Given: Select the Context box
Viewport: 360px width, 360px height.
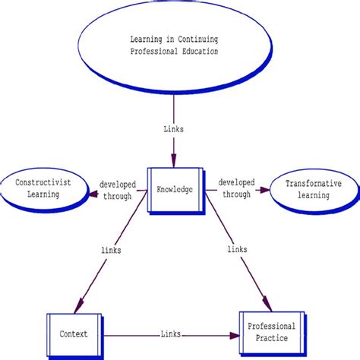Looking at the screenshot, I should point(74,333).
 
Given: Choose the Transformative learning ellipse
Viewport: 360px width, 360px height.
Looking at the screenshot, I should point(312,189).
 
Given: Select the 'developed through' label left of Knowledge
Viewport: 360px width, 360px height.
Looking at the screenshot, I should point(117,190).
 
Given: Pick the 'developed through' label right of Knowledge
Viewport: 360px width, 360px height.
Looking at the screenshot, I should point(236,189).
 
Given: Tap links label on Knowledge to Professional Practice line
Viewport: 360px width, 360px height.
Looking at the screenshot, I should point(235,250).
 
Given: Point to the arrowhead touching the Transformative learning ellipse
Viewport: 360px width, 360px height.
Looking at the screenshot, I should point(267,190).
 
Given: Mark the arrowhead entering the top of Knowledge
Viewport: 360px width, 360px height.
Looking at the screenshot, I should point(173,162).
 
